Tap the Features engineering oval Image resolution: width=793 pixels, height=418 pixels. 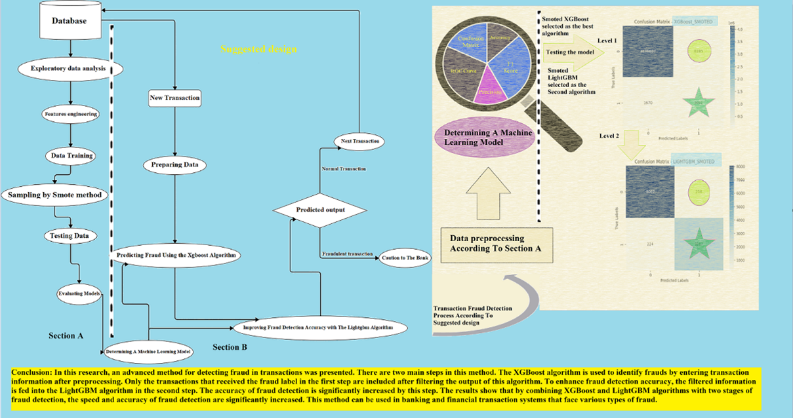(x=71, y=113)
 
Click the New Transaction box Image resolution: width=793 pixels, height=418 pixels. (x=174, y=98)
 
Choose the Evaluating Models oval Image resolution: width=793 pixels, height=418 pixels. (x=78, y=294)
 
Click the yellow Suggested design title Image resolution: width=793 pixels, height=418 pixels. (x=258, y=49)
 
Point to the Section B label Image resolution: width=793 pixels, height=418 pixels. (x=230, y=346)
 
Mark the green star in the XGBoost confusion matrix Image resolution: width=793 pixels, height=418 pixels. (x=699, y=103)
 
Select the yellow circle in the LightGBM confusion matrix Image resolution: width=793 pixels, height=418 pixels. (x=699, y=191)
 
